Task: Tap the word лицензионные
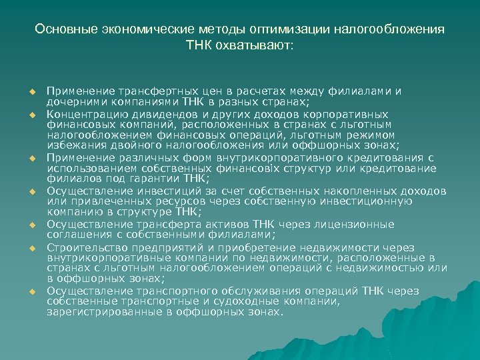click(358, 224)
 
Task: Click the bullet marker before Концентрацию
click(31, 115)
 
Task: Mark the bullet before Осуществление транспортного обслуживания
click(31, 292)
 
